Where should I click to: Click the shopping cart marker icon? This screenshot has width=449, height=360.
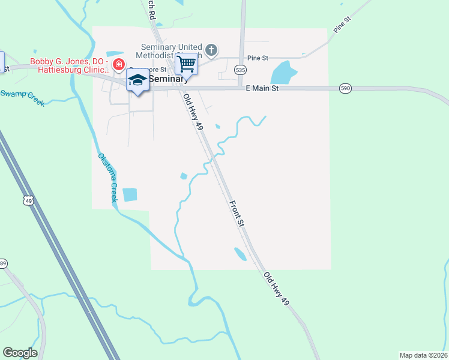click(x=187, y=63)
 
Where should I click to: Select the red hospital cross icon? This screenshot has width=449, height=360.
click(x=119, y=64)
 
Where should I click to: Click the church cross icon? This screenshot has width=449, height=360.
click(x=211, y=49)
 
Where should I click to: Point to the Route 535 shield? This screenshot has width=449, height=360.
click(x=240, y=70)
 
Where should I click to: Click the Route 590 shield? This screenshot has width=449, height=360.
click(x=345, y=88)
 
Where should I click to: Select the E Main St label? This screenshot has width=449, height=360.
click(x=263, y=88)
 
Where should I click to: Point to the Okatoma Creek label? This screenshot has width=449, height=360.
click(x=107, y=178)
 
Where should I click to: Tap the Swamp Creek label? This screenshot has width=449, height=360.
click(x=22, y=97)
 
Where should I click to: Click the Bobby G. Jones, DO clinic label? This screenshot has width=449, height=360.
click(x=68, y=67)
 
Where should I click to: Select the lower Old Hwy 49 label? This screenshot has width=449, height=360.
click(x=276, y=288)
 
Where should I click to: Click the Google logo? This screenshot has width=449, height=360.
click(x=20, y=353)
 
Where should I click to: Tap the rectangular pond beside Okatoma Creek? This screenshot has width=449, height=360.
click(x=129, y=194)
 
